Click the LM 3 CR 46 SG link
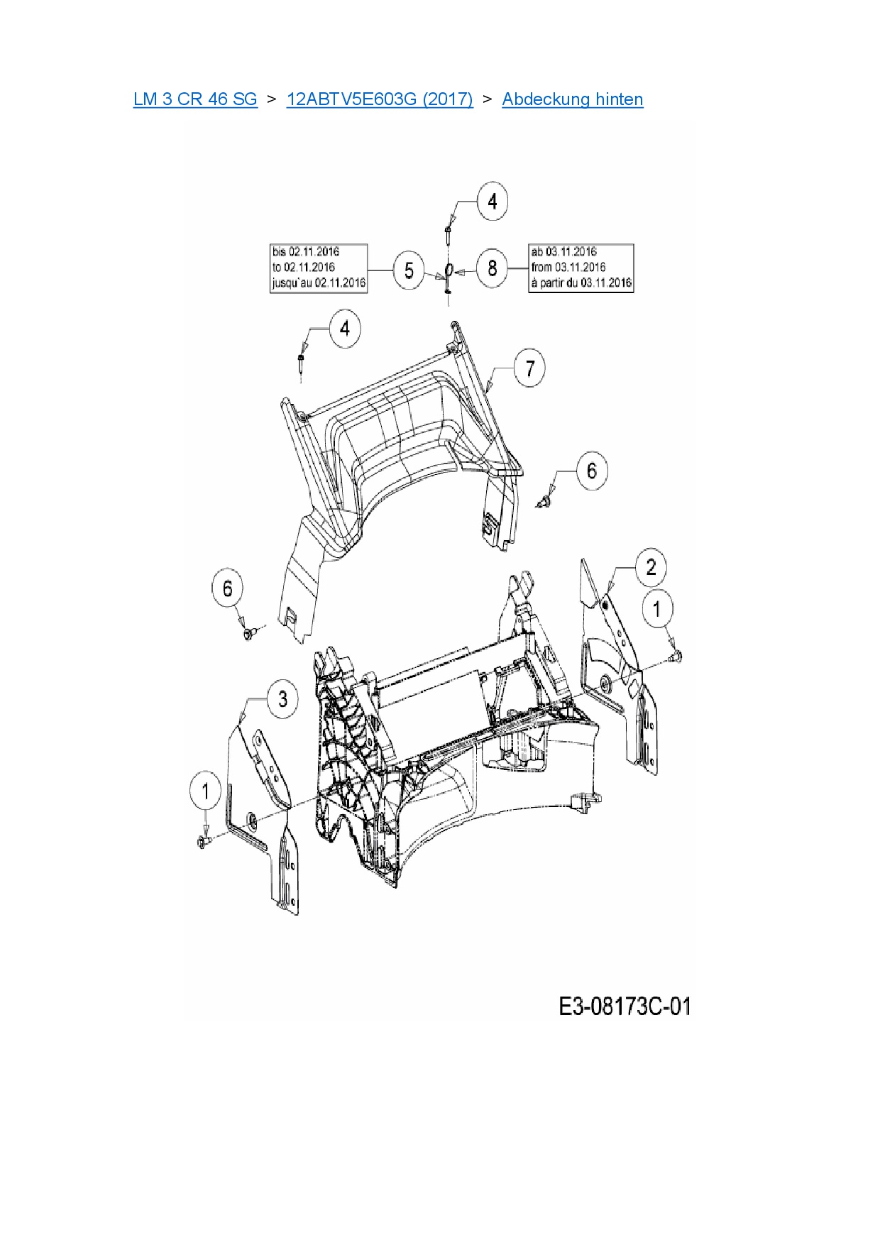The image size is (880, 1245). coord(195,99)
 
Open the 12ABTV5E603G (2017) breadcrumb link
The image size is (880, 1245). coord(380,99)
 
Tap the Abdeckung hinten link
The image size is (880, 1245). coord(573,99)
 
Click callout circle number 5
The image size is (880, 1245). coord(409,270)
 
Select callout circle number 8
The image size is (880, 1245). coord(493,268)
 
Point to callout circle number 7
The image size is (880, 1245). coord(529,368)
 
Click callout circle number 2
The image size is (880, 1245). coord(651,567)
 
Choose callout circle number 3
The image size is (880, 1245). coord(282,698)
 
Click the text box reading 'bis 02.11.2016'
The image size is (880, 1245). coord(319,268)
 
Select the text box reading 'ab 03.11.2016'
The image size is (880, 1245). coord(581,268)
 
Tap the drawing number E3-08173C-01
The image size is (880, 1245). coord(625,1007)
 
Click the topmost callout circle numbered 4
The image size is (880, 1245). coord(493,202)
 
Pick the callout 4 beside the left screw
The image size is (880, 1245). coord(345,329)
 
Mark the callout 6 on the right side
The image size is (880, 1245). coord(592,471)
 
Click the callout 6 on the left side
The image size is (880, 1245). coord(227,588)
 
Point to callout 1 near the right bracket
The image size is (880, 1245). coord(657,609)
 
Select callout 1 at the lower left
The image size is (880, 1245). coord(206,791)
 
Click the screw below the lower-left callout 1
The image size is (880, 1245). coord(203,842)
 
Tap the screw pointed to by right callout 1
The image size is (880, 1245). coord(675,657)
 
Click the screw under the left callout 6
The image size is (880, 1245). coord(248,632)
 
